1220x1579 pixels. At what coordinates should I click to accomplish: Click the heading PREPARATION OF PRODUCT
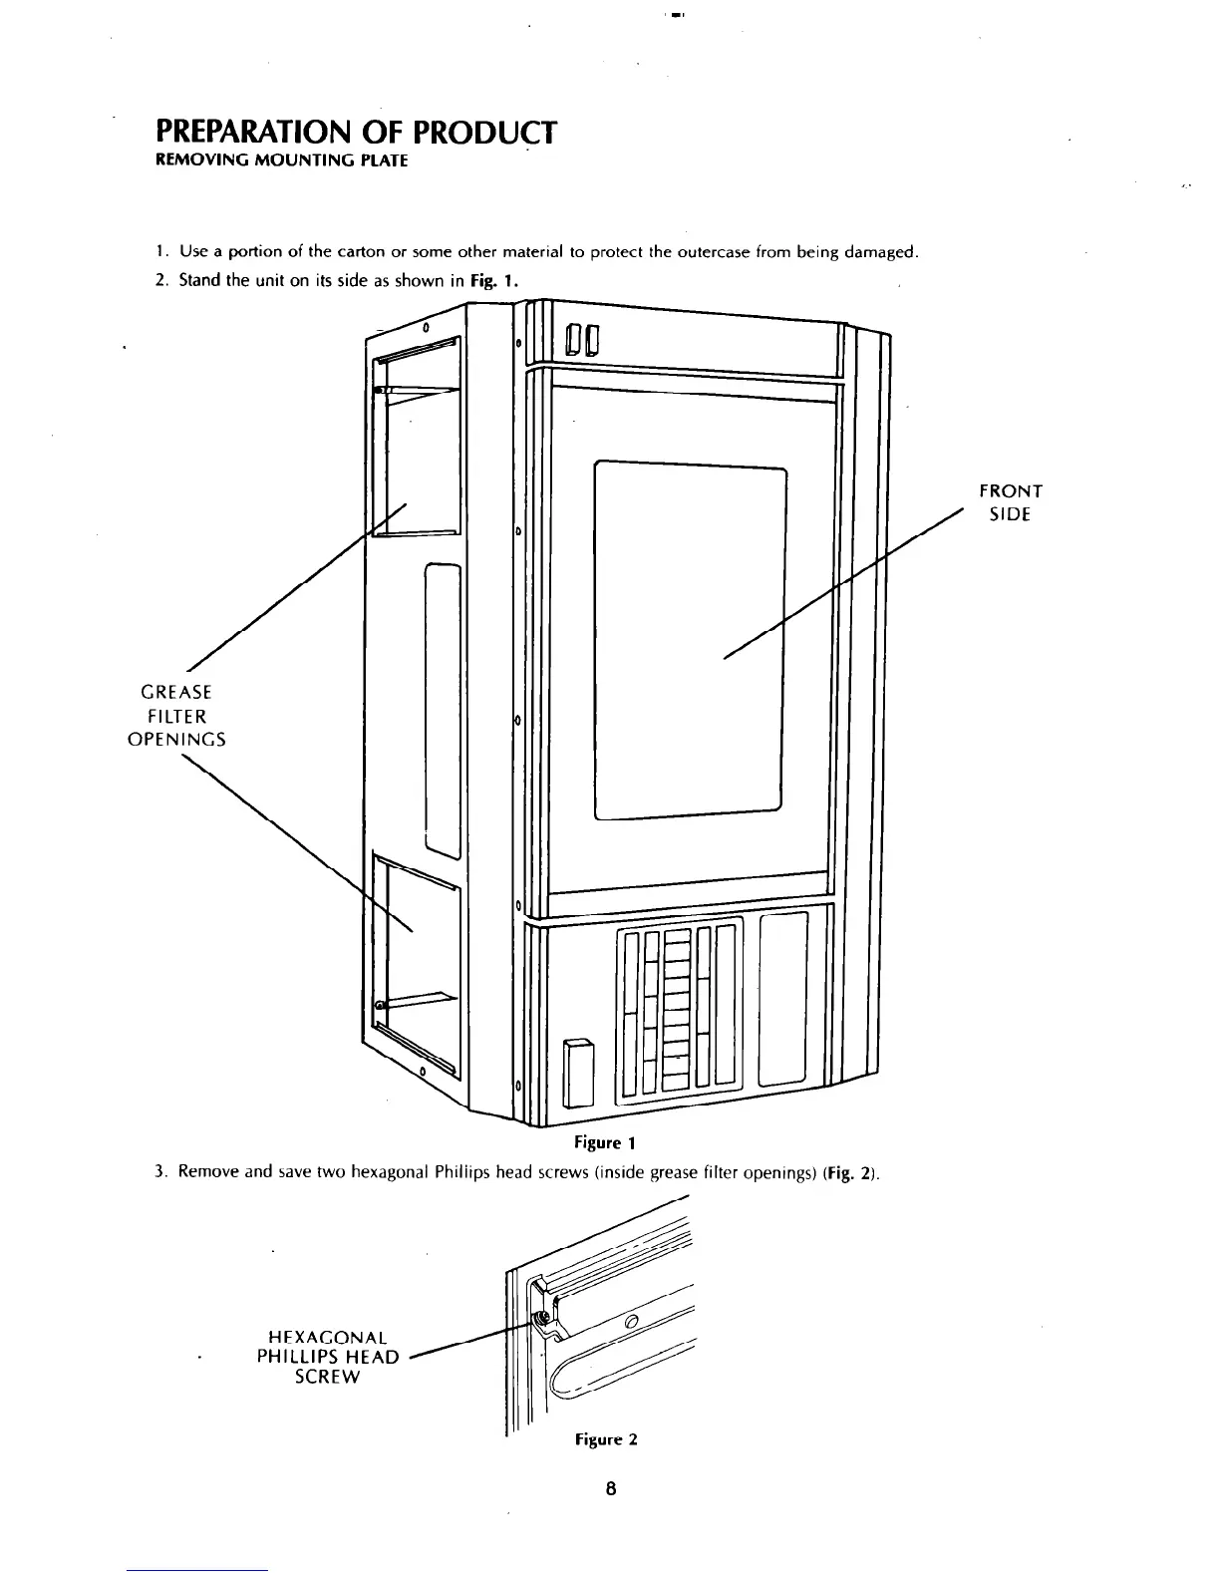click(x=355, y=132)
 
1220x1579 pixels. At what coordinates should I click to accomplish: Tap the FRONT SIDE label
click(x=1010, y=502)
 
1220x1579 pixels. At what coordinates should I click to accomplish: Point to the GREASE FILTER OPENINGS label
click(x=176, y=715)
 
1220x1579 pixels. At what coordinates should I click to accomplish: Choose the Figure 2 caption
click(x=605, y=1439)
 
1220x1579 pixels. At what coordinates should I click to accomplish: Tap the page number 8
click(x=611, y=1489)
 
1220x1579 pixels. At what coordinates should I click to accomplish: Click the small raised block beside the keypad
click(x=578, y=1070)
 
